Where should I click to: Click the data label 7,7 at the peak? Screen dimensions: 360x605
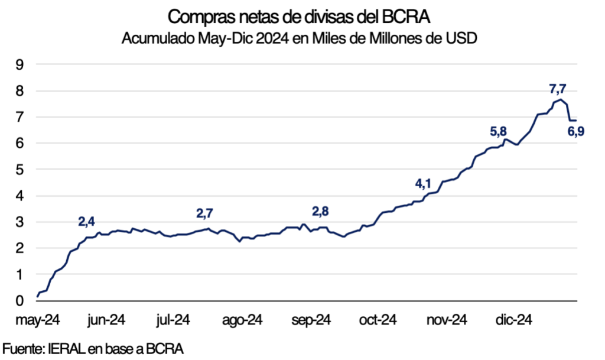[x=558, y=89]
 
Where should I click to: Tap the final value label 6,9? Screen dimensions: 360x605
[x=576, y=132]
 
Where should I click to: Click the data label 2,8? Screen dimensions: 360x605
[x=321, y=211]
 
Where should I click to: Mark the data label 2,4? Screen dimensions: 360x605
[x=86, y=222]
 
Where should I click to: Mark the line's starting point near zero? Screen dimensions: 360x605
[x=37, y=295]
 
